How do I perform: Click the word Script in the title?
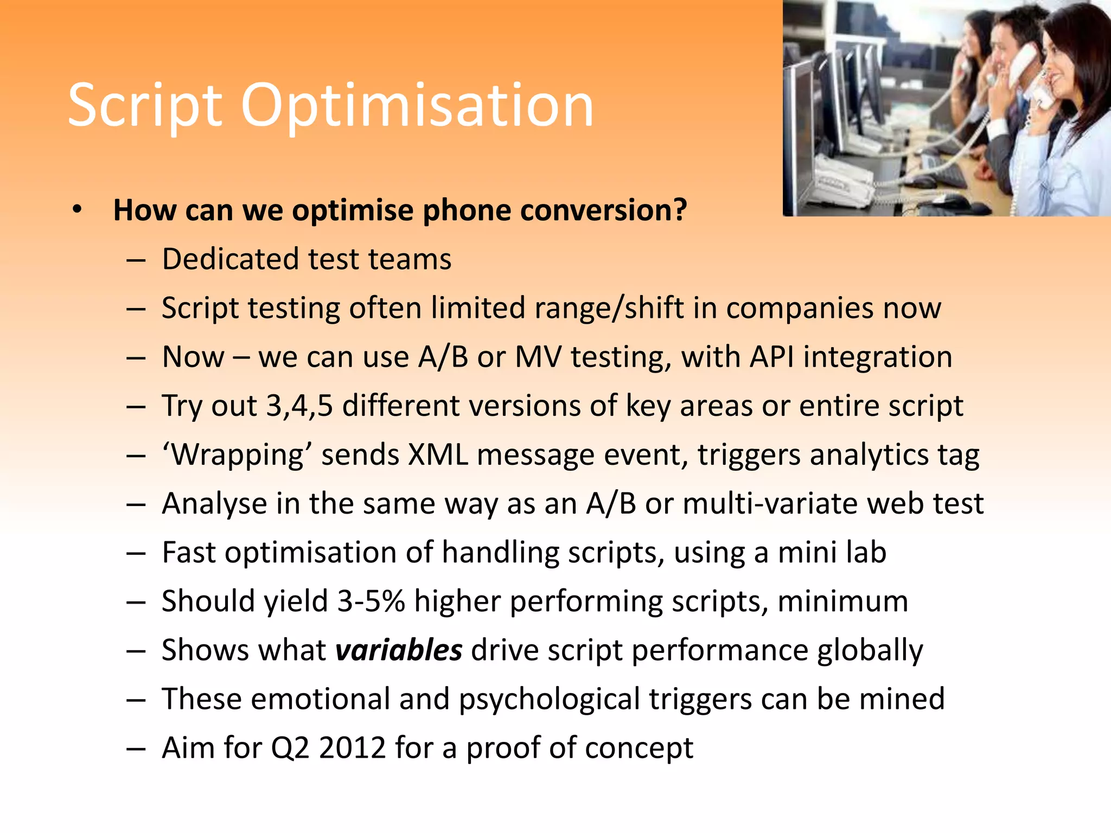pos(145,106)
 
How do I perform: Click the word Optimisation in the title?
pos(417,106)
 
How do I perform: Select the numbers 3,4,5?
pos(299,406)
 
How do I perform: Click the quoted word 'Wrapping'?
pos(237,456)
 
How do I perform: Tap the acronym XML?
pos(438,455)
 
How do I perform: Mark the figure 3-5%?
pos(371,601)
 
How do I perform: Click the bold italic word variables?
pos(399,650)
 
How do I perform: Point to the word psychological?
pos(550,700)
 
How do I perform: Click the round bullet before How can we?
pos(77,209)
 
